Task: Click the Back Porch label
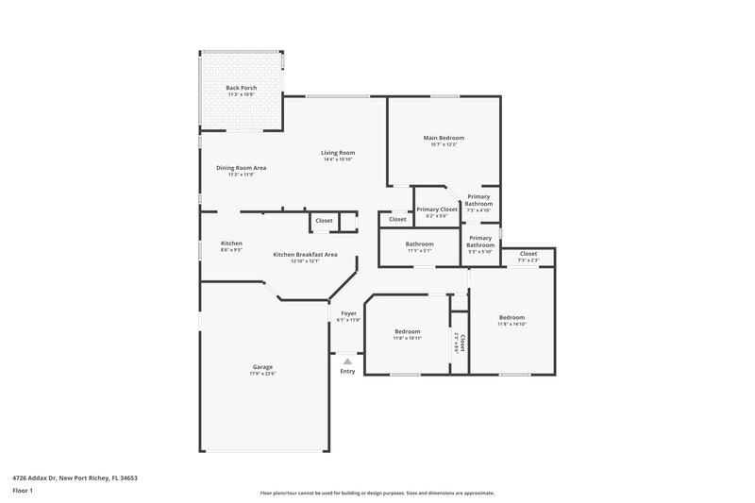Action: click(x=242, y=88)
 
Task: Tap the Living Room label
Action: click(x=337, y=152)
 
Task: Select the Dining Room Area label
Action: click(x=242, y=168)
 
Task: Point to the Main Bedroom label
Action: click(x=444, y=138)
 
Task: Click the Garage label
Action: click(x=262, y=367)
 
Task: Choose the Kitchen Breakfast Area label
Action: click(x=297, y=255)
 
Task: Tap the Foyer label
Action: click(x=348, y=314)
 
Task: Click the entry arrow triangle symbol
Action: click(x=348, y=360)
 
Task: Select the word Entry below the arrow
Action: click(x=348, y=371)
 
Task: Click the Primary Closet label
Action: click(x=437, y=210)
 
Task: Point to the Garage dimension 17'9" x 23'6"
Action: click(x=262, y=374)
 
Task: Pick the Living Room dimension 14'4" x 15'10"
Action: click(x=337, y=159)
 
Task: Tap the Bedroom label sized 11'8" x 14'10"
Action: click(x=512, y=317)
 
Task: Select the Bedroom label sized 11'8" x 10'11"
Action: click(x=407, y=330)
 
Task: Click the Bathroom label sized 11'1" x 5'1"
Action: click(x=420, y=243)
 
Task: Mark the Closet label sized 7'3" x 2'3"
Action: click(x=528, y=253)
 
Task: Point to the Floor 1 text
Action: click(x=22, y=492)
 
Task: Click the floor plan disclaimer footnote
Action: click(x=377, y=493)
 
